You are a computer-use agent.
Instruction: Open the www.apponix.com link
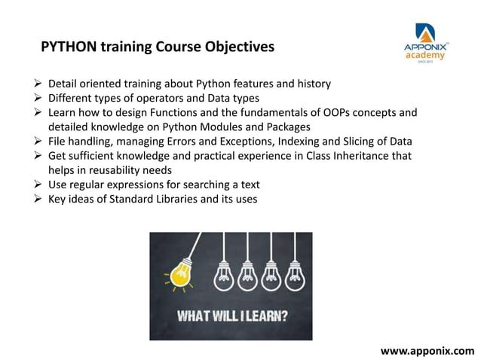pos(427,350)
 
